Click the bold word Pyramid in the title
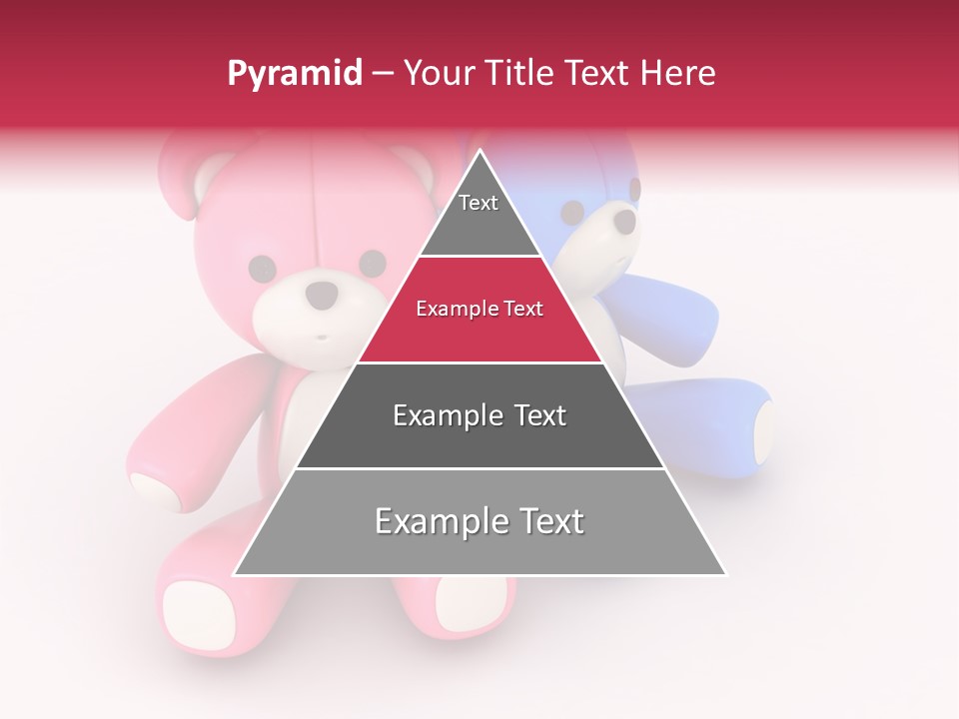coord(294,74)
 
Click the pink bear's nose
coord(321,295)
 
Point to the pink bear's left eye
coord(262,268)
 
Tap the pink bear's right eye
coord(372,264)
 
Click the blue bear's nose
coord(623,221)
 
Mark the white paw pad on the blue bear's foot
coord(762,432)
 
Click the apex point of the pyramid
coord(479,152)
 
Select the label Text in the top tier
coord(478,203)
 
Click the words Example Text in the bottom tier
coord(479,521)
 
